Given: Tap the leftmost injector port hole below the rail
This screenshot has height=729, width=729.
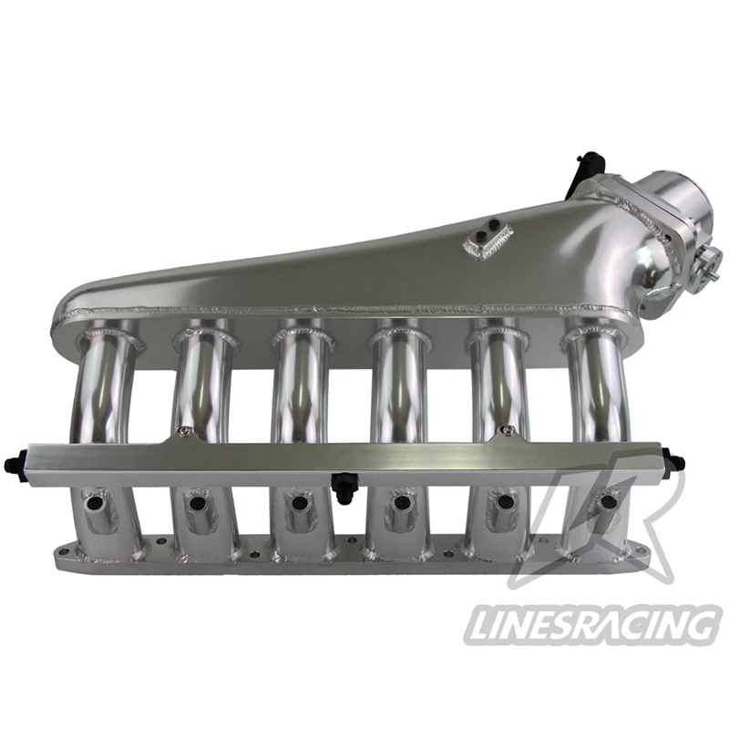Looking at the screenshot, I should (x=91, y=501).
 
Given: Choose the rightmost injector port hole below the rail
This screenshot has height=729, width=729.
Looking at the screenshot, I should (x=606, y=503).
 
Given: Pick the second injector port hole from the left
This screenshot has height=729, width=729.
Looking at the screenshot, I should (x=194, y=501).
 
